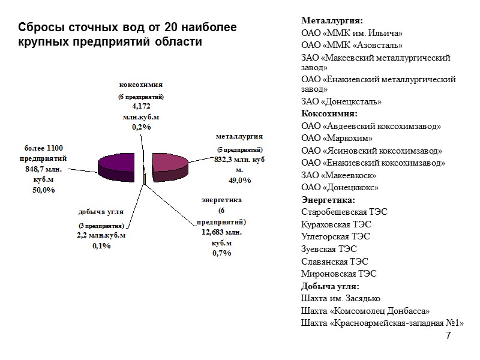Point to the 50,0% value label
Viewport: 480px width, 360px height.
(43, 190)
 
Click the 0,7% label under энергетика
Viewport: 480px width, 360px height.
(222, 253)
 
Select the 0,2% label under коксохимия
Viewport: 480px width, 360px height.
(142, 127)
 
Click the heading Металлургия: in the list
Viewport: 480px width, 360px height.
(332, 22)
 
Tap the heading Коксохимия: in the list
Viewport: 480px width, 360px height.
(329, 113)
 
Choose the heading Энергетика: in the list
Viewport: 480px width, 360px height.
(328, 199)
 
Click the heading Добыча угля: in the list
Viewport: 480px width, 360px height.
(330, 286)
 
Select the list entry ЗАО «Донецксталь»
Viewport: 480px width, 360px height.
(341, 101)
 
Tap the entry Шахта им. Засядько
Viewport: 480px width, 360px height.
(340, 298)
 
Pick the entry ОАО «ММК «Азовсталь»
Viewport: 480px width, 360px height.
(352, 45)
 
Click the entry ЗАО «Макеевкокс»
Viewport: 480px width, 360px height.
(339, 175)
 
